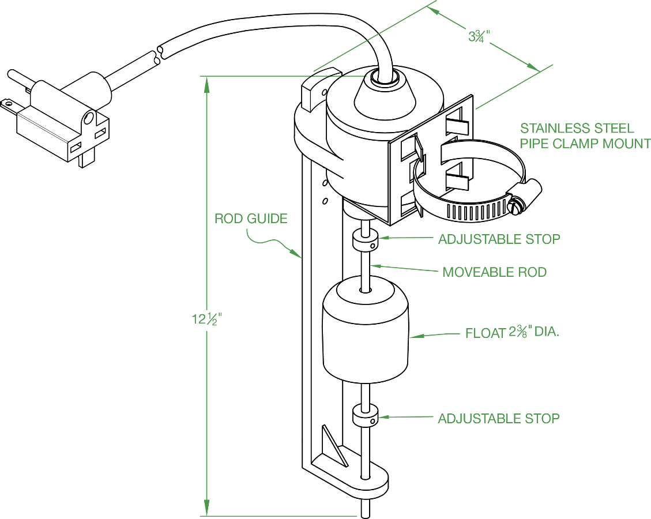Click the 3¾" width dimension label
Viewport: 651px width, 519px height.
click(479, 36)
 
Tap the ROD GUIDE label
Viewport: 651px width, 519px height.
click(251, 219)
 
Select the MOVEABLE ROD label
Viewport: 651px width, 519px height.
click(495, 272)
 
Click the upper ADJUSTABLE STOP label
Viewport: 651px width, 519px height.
click(499, 239)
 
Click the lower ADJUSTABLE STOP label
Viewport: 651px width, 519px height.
click(499, 419)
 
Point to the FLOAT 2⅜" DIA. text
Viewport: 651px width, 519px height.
click(512, 333)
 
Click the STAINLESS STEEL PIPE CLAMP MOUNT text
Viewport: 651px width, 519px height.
click(585, 136)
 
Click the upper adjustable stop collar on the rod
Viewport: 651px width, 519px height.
click(365, 241)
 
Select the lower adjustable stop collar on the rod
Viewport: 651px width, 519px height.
click(365, 417)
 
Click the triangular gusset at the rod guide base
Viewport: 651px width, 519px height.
click(334, 446)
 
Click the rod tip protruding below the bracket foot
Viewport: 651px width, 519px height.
click(366, 508)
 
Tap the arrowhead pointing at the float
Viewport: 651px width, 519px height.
click(416, 336)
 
